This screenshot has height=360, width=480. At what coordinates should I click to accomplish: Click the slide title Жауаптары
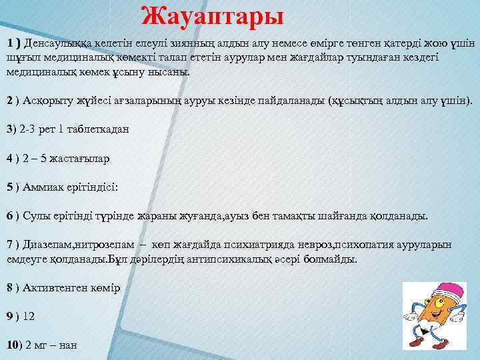pos(213,15)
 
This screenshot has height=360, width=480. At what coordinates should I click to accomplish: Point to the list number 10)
pos(13,345)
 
